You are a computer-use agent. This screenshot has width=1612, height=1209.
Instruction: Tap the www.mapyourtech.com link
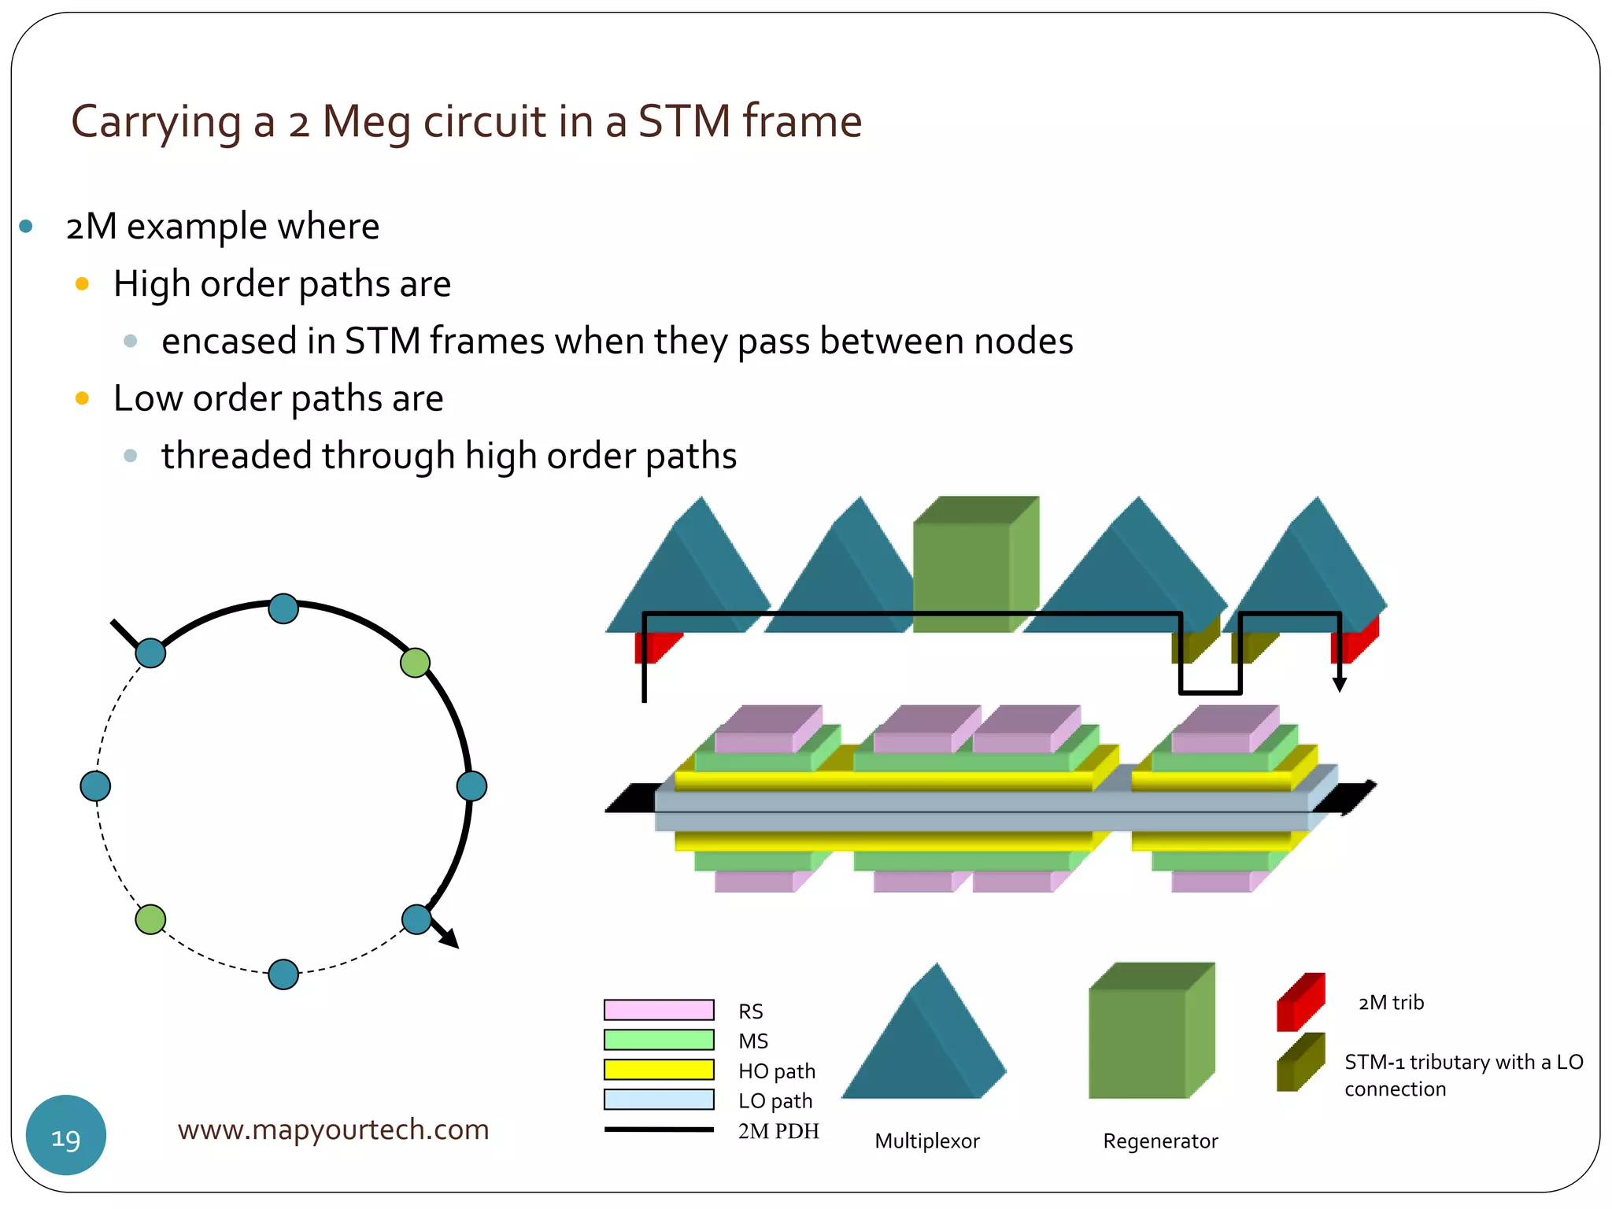pos(333,1129)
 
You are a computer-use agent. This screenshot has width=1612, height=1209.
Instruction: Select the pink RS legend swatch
pos(658,1010)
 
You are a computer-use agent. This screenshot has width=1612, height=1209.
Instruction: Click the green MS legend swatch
pos(658,1040)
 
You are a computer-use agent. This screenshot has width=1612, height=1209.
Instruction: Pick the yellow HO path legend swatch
pos(658,1070)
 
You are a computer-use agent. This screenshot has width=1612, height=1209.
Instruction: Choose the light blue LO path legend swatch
pos(658,1100)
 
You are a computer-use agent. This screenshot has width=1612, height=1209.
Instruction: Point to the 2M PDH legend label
pos(778,1131)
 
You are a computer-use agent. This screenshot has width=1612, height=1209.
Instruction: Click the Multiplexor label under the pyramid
pos(926,1141)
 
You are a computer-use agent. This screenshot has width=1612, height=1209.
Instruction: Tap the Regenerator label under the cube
pos(1159,1141)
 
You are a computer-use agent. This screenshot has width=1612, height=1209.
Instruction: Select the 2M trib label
pos(1391,1002)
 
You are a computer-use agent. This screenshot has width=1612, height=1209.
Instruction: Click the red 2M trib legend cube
pos(1300,1003)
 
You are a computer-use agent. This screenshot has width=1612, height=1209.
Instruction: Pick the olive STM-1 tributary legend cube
pos(1300,1063)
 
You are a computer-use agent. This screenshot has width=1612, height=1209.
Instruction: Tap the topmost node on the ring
pos(283,608)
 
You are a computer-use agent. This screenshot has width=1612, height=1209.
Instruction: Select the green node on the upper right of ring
pos(415,663)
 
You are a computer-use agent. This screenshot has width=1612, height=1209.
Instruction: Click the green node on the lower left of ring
pos(150,919)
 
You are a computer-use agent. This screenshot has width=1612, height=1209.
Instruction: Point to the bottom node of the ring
pos(283,974)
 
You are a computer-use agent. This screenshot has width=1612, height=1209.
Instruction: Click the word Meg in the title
pos(366,123)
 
